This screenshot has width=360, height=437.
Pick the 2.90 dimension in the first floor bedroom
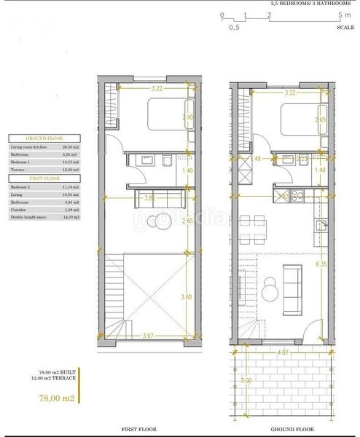[x=188, y=117]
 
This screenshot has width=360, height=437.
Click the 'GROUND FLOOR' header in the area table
[x=45, y=138]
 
